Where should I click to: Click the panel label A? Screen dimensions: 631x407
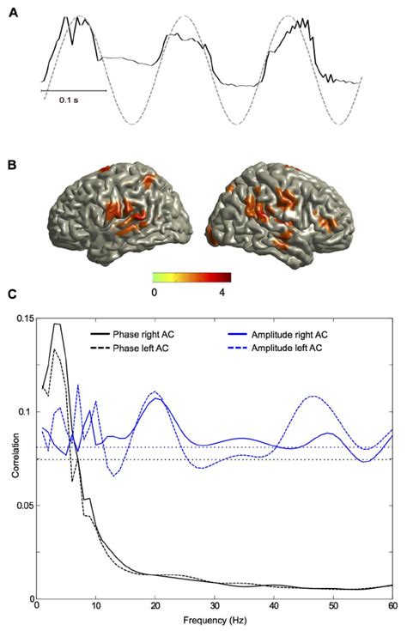(12, 13)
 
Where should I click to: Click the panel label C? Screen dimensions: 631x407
(12, 294)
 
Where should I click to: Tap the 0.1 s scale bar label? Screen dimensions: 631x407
(72, 100)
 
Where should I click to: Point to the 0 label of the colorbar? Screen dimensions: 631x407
(154, 292)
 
